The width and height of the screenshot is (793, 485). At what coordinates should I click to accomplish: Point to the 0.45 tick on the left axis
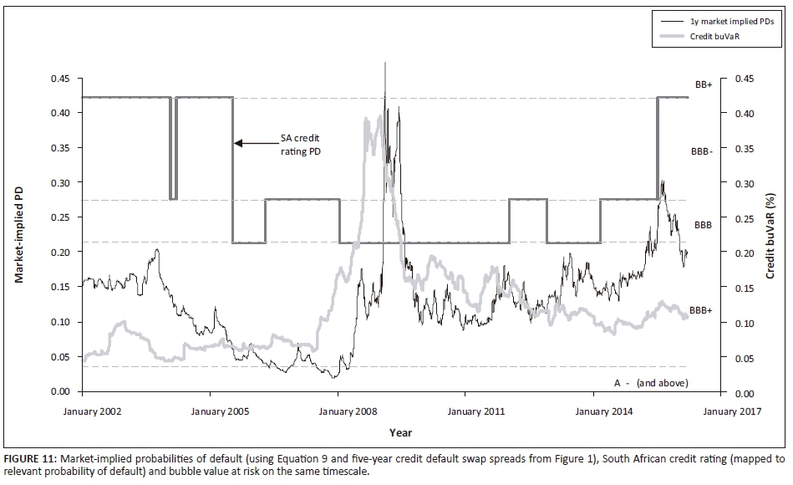click(58, 78)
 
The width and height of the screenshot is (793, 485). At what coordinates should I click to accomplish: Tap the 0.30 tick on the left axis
click(58, 182)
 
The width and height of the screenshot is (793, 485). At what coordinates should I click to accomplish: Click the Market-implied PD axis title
click(18, 235)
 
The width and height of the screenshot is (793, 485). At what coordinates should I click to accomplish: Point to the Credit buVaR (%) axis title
click(773, 235)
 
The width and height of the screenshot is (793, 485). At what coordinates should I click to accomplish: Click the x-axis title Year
click(399, 432)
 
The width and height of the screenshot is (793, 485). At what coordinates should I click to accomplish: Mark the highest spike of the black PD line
click(384, 64)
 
